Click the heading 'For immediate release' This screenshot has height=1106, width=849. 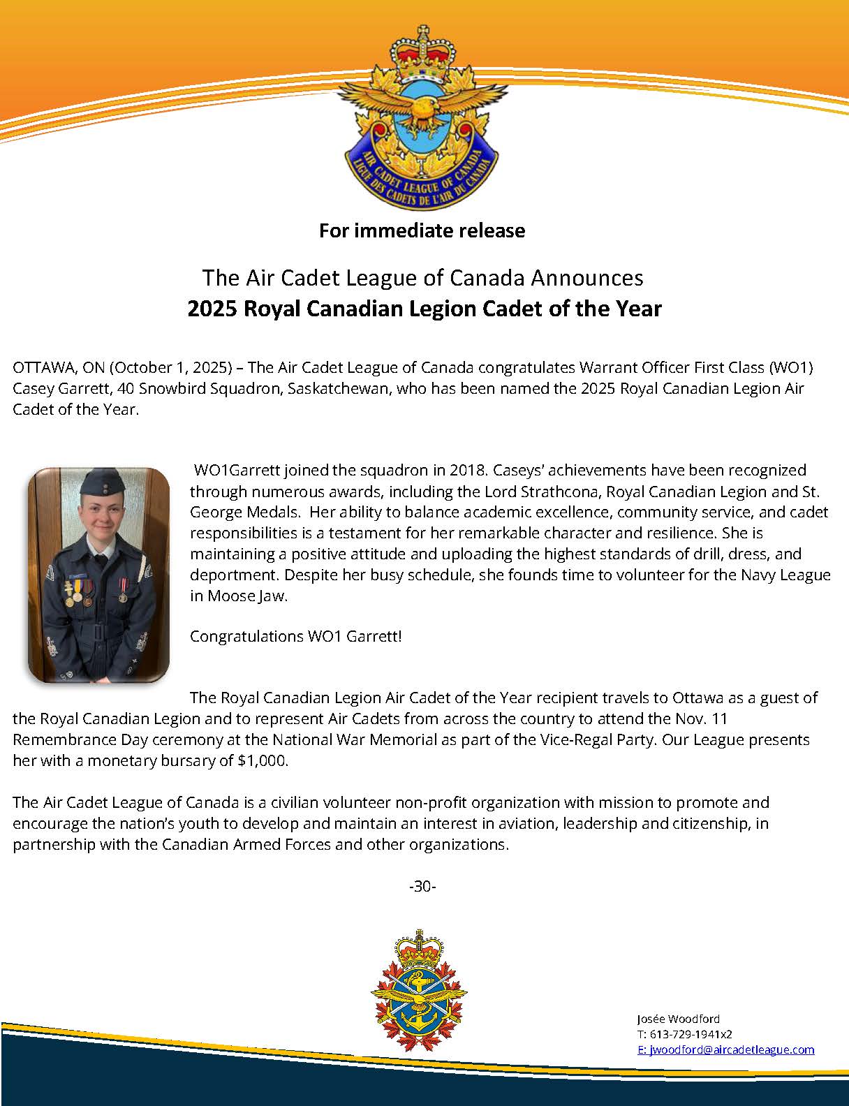coord(422,230)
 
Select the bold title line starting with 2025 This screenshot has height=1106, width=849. coord(424,308)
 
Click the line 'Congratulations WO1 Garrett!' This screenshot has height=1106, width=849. coord(295,636)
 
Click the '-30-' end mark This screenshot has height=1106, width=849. coord(422,886)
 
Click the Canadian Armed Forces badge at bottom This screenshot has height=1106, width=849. coord(419,992)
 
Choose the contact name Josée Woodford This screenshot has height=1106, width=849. coord(678,1019)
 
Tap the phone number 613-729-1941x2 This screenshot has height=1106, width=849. coord(690,1034)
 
